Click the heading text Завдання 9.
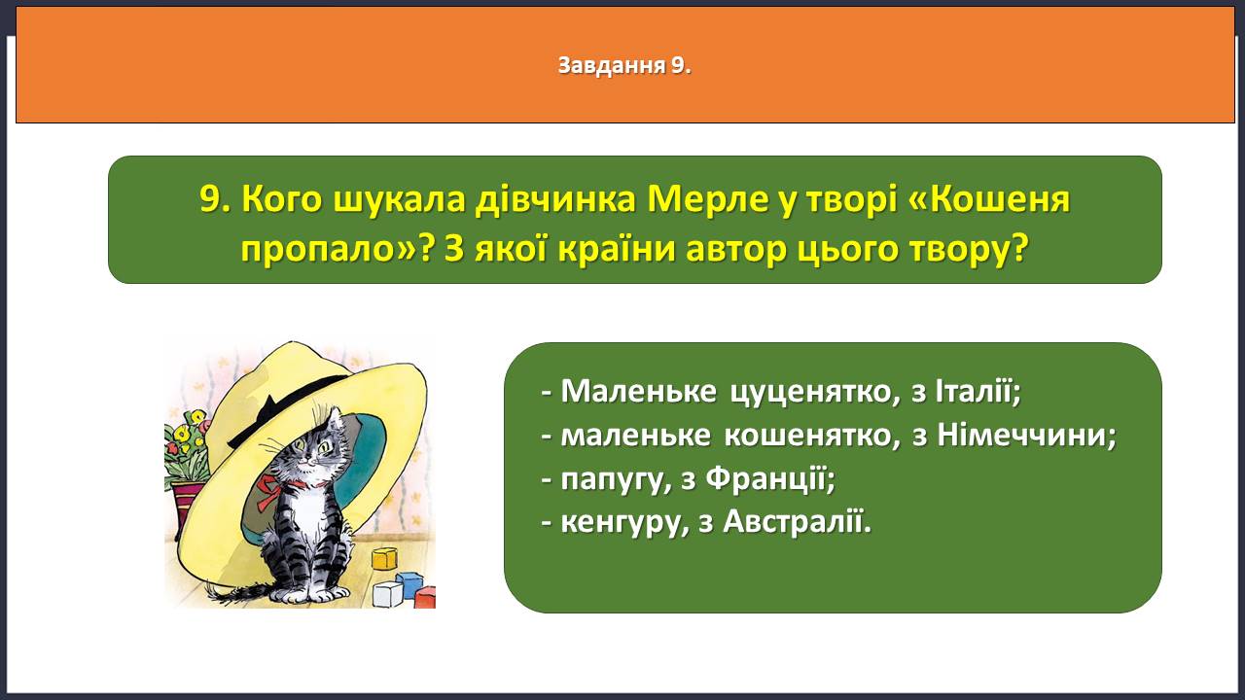click(x=624, y=65)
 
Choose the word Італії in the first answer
click(x=978, y=391)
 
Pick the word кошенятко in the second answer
click(x=811, y=436)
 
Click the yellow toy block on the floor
click(x=384, y=558)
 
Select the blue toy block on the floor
click(x=409, y=584)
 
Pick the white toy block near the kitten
click(x=387, y=594)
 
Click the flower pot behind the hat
click(x=186, y=503)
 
